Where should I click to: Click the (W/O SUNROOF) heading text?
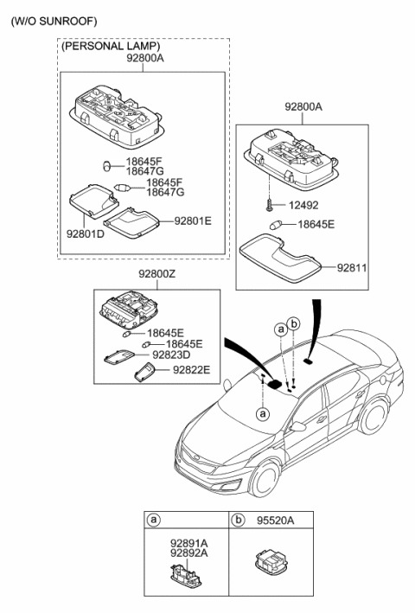(54, 19)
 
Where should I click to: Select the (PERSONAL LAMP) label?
(112, 46)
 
